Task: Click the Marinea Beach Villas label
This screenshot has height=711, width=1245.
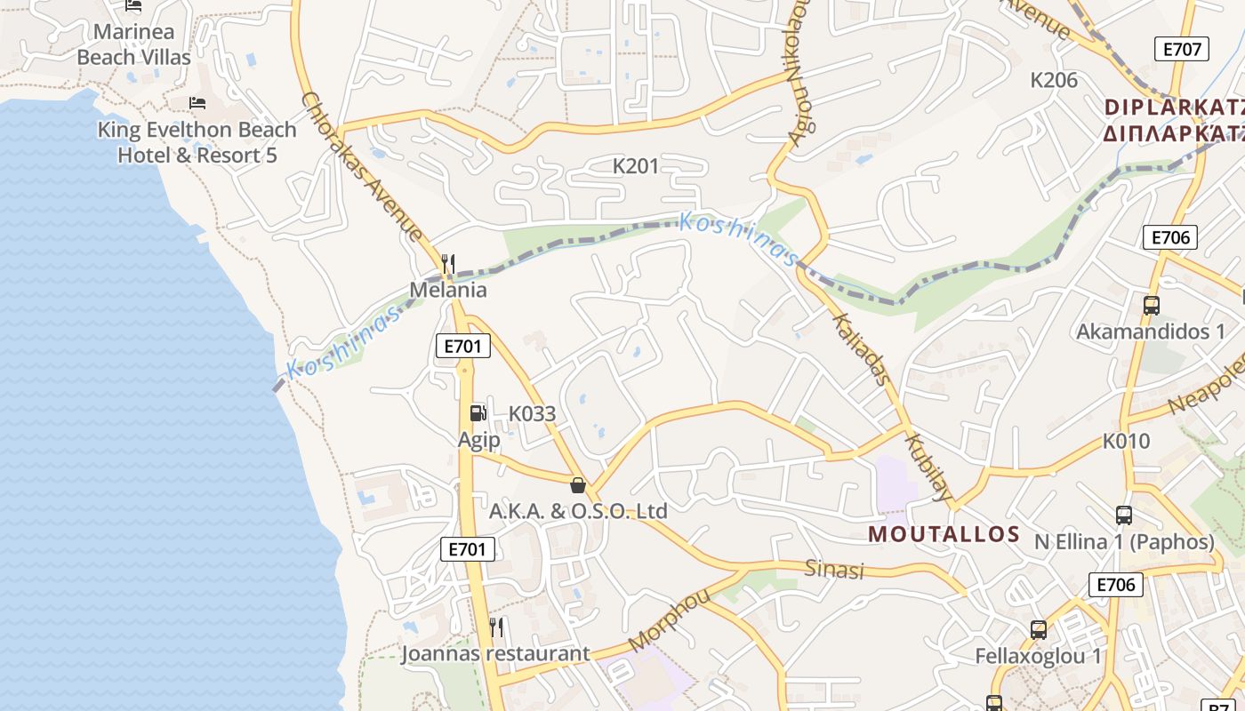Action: (x=133, y=44)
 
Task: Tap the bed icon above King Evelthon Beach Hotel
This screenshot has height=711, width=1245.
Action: (x=197, y=103)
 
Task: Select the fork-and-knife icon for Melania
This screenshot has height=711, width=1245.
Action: (x=448, y=264)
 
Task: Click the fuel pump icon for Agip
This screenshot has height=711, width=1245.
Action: (x=478, y=412)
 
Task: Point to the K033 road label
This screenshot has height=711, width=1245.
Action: (x=532, y=413)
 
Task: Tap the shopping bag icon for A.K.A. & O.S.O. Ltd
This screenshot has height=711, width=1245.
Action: (x=578, y=485)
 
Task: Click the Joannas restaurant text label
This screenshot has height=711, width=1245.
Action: (x=494, y=654)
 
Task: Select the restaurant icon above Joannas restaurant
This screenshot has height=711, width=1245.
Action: (x=496, y=627)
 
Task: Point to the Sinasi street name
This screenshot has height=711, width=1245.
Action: (x=834, y=569)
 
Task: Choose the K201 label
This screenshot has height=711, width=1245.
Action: (x=636, y=165)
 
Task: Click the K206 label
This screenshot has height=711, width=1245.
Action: (x=1054, y=80)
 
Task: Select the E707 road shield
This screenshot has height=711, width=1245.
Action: (x=1182, y=49)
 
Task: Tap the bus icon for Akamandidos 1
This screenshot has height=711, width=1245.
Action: (x=1151, y=306)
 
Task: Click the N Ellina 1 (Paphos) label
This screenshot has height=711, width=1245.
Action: (x=1124, y=542)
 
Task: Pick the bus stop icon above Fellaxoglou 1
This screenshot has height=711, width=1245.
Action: (x=1038, y=630)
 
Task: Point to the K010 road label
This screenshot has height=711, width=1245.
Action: (x=1126, y=441)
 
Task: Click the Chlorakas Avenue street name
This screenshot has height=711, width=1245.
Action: (x=362, y=166)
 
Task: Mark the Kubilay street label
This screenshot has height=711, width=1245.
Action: (x=928, y=467)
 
